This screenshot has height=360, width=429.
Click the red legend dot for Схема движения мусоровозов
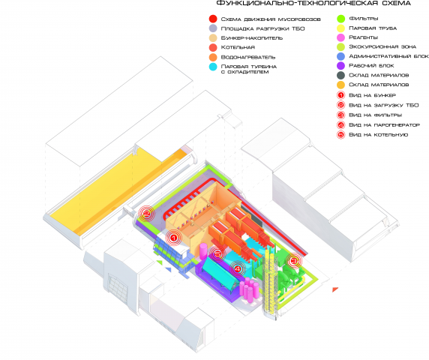(213, 19)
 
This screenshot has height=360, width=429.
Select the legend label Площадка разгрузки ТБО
(262, 28)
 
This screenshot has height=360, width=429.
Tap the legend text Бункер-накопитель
(252, 37)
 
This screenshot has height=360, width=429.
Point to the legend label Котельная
(238, 47)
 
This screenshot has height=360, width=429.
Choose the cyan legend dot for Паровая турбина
(213, 67)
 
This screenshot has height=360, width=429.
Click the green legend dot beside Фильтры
(340, 19)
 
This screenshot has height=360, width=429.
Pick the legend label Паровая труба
(373, 28)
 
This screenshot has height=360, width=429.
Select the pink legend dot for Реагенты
(340, 37)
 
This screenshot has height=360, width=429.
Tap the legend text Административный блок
(388, 56)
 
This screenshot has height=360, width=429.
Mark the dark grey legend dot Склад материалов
(340, 75)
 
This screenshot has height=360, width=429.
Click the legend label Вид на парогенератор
(384, 125)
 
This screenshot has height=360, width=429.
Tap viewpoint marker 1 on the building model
(173, 238)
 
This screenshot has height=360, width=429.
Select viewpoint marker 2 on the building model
(146, 213)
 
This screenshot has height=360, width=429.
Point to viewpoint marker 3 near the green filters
(294, 261)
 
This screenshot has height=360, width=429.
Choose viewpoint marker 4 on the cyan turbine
(238, 269)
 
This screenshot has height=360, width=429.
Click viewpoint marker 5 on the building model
(217, 254)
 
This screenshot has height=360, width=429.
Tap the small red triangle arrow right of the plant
(335, 289)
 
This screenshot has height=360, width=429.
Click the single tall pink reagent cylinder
(203, 250)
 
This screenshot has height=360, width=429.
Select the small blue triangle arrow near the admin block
(168, 269)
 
